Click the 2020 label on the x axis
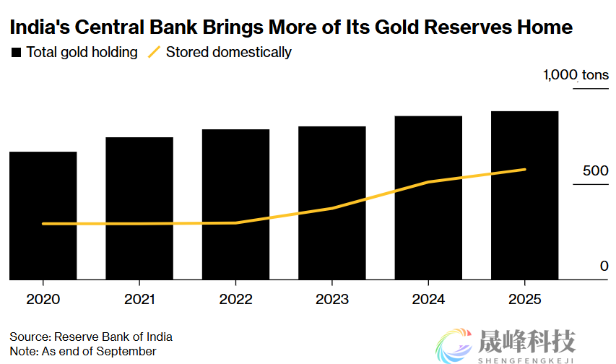coord(43,299)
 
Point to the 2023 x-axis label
coord(332,299)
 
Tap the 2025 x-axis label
coord(525,299)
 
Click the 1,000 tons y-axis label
coord(576,75)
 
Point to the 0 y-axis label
coord(604,266)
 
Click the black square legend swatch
coord(16,53)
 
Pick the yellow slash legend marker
coord(154,53)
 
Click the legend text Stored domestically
coord(229,53)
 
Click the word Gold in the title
coord(400,27)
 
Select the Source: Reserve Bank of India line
coord(91,337)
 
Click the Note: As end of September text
coord(83,351)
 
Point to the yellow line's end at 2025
coord(525,170)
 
